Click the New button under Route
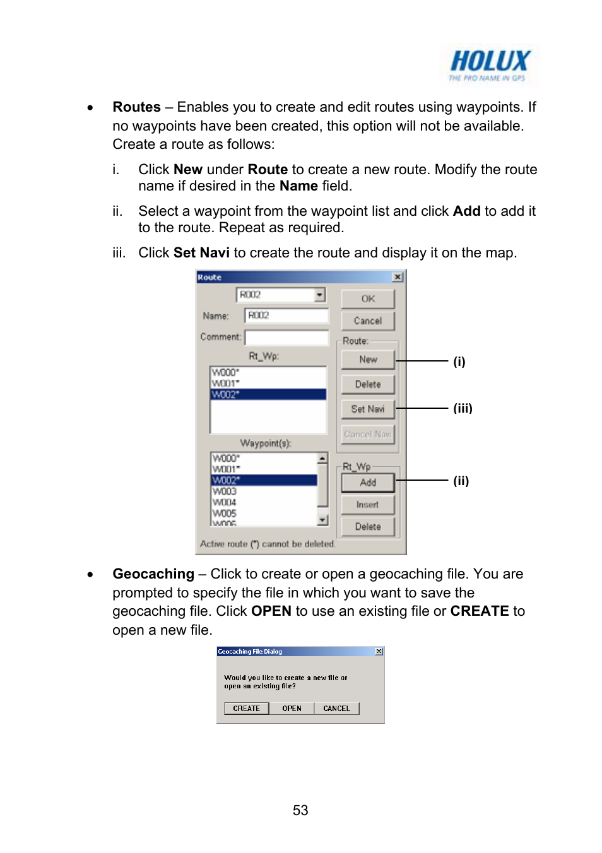coord(368,360)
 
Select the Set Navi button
coord(368,409)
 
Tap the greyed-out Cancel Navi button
coord(368,434)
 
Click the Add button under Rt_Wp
coord(368,483)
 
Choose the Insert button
coord(368,505)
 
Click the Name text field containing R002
coord(286,315)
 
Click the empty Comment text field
coord(286,338)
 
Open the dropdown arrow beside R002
coord(320,295)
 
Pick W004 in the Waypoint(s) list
coord(225,503)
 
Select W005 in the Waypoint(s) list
coord(225,514)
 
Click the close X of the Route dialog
coord(398,277)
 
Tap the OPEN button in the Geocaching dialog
coord(292,709)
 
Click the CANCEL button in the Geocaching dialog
coord(336,709)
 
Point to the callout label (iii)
coord(463,408)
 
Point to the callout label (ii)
coord(461,481)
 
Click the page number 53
coord(300,810)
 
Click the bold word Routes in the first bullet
coord(136,107)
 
